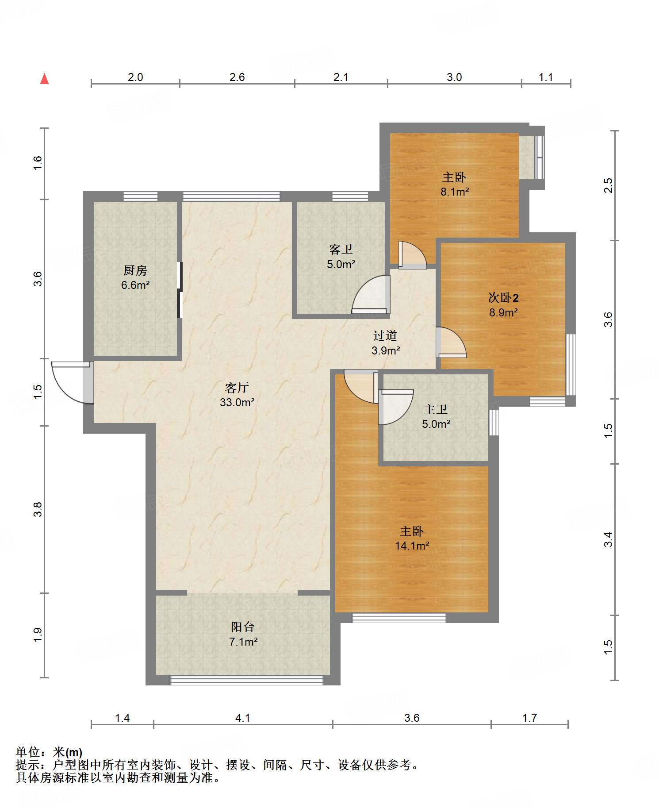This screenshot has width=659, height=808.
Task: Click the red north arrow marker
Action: coord(44,79)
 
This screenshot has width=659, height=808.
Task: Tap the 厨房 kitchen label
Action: coord(135,270)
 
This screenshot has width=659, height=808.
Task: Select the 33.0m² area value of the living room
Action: coord(237,402)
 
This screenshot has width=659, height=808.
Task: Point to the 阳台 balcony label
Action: coord(243,627)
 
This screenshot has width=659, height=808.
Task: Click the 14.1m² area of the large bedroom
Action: coord(412,546)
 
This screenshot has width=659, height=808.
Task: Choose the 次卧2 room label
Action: coord(503,298)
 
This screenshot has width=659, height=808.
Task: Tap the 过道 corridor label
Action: coord(385,336)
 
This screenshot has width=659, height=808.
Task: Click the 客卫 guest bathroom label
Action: coord(341,250)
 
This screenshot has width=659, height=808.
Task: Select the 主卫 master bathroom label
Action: coord(436,409)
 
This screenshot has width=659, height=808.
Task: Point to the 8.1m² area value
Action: coord(455,192)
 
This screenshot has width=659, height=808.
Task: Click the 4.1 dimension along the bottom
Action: coord(243,718)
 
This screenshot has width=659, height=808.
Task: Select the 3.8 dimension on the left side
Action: coord(38,509)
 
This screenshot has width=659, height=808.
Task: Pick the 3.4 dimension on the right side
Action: coord(608,539)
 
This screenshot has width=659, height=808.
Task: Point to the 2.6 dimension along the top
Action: coord(237,77)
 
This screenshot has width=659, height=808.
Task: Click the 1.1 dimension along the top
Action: coord(546,77)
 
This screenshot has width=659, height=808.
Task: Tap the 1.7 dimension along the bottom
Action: coord(529,718)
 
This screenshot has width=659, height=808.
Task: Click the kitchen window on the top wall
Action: coord(140,196)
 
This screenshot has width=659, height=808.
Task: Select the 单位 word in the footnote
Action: coord(28,752)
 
